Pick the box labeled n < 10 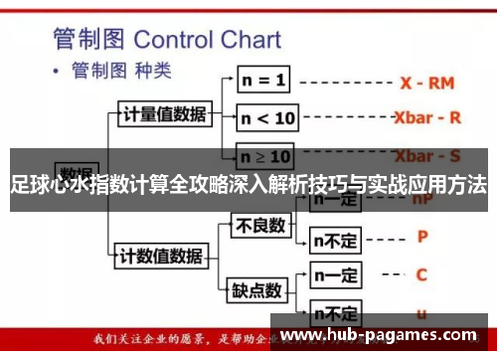[x=267, y=118]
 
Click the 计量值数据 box [x=164, y=114]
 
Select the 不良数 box [x=258, y=227]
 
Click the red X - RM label [x=426, y=82]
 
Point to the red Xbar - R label [x=427, y=117]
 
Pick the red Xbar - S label [x=427, y=156]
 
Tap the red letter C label [x=421, y=273]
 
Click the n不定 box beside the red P [x=335, y=239]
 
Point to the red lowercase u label [x=421, y=311]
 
